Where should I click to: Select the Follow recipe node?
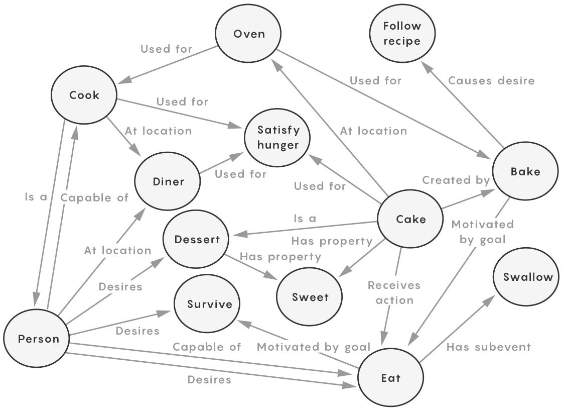(402, 34)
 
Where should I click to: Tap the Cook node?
(84, 95)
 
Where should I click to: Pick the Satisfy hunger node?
(277, 137)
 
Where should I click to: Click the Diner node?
(168, 181)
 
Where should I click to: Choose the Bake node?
(525, 171)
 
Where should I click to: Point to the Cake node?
(410, 219)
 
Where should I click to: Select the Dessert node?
(197, 239)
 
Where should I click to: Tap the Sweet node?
(310, 296)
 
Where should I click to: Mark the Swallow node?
(527, 277)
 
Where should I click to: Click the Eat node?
(390, 377)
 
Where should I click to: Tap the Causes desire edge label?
(491, 80)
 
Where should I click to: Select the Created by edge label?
(455, 180)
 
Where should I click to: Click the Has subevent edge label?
(488, 347)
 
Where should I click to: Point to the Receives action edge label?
(393, 292)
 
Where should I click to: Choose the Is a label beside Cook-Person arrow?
(36, 197)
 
